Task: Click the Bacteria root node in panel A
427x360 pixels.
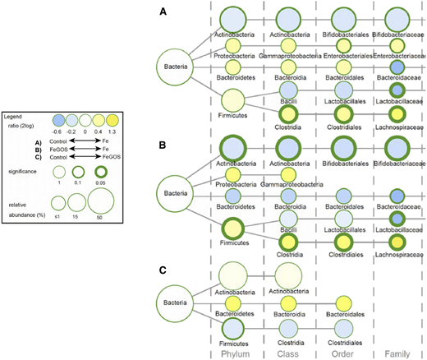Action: point(175,63)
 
